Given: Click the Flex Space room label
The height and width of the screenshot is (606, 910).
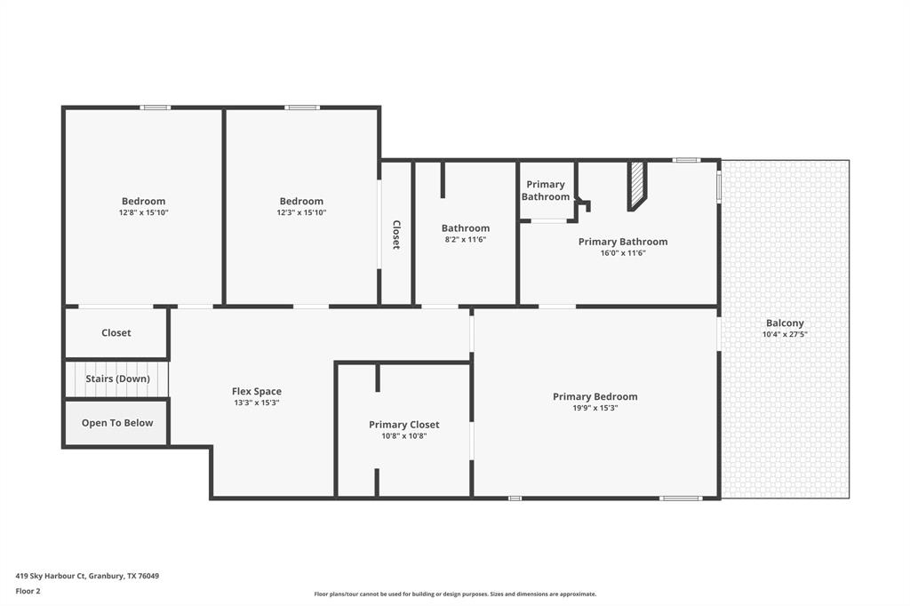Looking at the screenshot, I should pos(256,391).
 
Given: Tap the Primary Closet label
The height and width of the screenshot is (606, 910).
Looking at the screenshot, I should pos(403,425).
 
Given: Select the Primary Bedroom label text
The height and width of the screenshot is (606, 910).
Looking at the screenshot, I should pos(595,396).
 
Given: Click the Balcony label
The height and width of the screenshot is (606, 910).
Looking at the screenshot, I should pos(784,323).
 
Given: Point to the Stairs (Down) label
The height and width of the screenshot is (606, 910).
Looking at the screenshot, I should pos(116,379).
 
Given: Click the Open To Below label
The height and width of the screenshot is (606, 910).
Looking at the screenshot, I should pos(116,423).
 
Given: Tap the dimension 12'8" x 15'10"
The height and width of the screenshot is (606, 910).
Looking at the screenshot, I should pos(143,212).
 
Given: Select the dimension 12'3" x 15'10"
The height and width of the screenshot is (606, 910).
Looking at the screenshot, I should pos(301,212).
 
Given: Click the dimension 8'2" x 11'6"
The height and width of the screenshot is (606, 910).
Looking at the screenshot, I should pos(465,239).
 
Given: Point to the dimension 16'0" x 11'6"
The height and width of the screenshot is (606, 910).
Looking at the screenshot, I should pos(622,252).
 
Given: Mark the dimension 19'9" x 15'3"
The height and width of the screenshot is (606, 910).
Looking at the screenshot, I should pos(595,408).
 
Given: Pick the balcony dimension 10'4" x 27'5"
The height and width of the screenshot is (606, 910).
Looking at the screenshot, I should pos(784,335).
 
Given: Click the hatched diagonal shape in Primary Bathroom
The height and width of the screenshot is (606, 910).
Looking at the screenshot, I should pos(636,185).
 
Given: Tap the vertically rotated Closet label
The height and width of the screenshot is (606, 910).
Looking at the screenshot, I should pos(396,235).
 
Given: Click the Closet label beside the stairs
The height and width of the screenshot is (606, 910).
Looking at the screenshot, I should pos(116,332).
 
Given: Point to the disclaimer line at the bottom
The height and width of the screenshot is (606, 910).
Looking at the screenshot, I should pos(455,594).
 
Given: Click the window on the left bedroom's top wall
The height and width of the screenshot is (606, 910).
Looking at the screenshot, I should pos(155,108).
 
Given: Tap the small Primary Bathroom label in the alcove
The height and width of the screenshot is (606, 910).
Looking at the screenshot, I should pos(545,190).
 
